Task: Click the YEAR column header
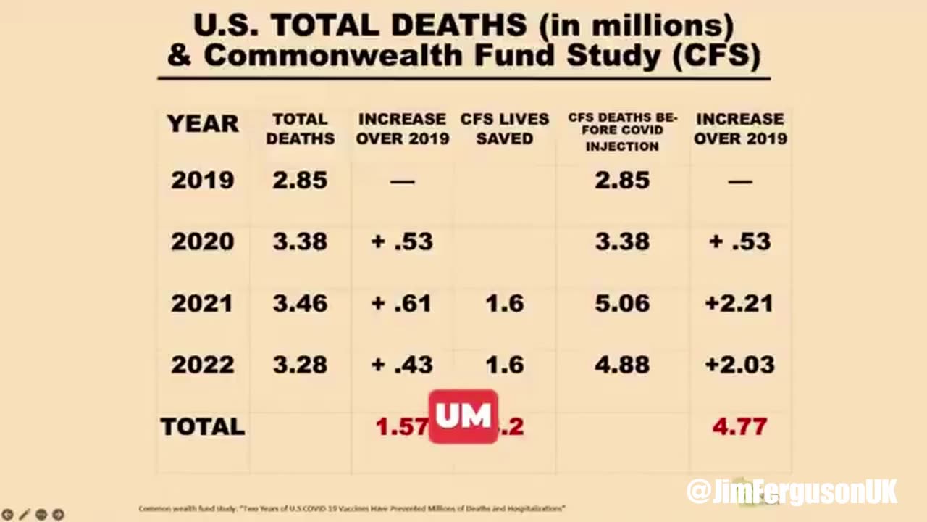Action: click(202, 124)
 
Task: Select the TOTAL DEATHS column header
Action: click(300, 128)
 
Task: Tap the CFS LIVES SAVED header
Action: click(504, 128)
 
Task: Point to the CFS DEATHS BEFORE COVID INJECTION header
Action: click(622, 132)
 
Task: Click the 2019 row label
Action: click(202, 180)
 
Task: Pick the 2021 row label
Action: click(202, 303)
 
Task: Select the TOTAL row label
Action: click(202, 426)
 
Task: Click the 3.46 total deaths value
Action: click(300, 303)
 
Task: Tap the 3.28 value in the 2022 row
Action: click(300, 365)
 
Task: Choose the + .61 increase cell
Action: click(402, 303)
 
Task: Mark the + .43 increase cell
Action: click(402, 365)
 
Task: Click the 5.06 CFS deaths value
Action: click(622, 303)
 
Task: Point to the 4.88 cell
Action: click(622, 365)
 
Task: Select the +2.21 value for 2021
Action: click(739, 303)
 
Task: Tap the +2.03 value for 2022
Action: click(739, 365)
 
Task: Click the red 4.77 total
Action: click(739, 426)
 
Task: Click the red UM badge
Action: click(463, 417)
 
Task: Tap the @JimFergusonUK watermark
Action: click(792, 492)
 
